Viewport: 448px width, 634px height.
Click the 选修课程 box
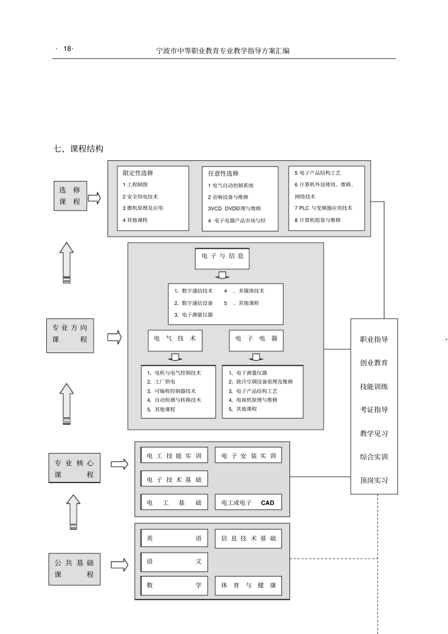[x=70, y=196]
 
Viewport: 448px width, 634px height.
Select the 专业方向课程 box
[x=70, y=335]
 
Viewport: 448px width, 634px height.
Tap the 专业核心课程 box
[x=75, y=468]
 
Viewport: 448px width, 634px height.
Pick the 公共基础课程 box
[x=75, y=568]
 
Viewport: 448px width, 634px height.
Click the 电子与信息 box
[x=222, y=258]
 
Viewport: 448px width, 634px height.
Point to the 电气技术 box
[x=175, y=340]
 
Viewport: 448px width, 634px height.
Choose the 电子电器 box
[x=256, y=340]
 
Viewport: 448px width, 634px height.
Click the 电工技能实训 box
[x=174, y=455]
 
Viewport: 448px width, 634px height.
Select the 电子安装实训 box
[x=249, y=455]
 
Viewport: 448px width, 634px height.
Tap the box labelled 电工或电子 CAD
[x=249, y=502]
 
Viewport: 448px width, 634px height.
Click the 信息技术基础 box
[x=249, y=538]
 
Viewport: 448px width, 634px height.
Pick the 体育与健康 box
[x=249, y=585]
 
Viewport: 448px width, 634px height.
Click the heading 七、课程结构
[x=79, y=149]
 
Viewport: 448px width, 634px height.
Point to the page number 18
[x=67, y=49]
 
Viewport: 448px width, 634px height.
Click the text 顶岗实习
[x=374, y=480]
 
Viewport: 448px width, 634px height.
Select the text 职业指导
[x=374, y=339]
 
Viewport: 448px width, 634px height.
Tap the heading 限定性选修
[x=138, y=173]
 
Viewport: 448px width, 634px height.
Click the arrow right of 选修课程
[x=94, y=198]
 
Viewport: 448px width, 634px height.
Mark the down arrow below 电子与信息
[x=222, y=275]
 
